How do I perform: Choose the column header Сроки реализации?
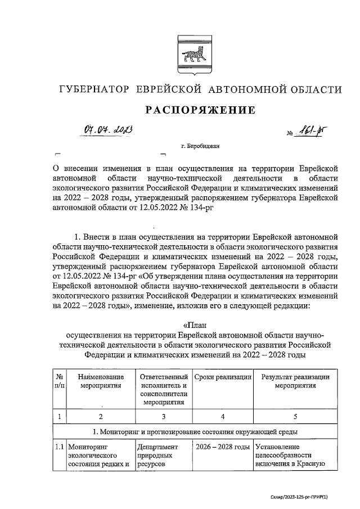pos(222,377)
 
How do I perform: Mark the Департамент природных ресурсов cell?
pos(162,455)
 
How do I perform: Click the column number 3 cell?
pos(163,417)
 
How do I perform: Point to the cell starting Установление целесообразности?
pos(291,455)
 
